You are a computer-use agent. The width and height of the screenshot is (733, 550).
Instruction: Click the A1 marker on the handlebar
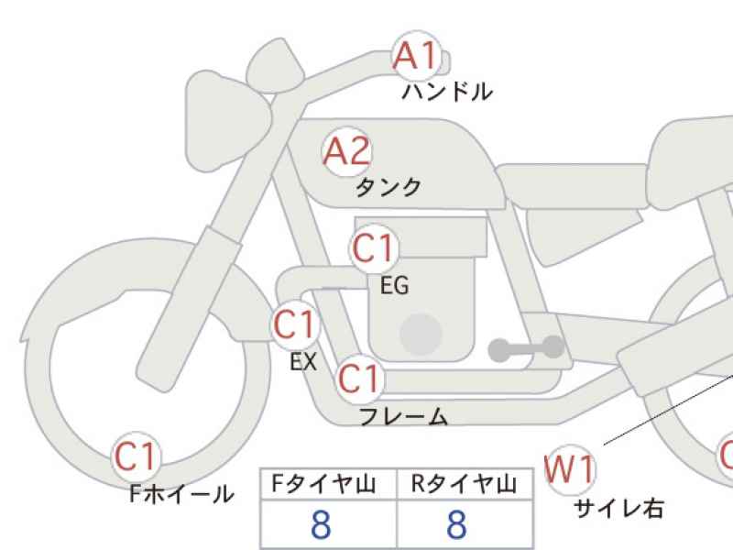pyautogui.click(x=417, y=56)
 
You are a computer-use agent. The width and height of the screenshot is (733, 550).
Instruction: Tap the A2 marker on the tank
pyautogui.click(x=347, y=151)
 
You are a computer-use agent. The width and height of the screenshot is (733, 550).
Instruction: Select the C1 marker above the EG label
pyautogui.click(x=373, y=248)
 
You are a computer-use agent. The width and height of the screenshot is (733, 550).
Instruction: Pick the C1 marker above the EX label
pyautogui.click(x=294, y=325)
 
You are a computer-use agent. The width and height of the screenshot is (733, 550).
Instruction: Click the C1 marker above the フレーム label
pyautogui.click(x=359, y=379)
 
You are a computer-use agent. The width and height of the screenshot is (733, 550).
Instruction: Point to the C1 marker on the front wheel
pyautogui.click(x=136, y=456)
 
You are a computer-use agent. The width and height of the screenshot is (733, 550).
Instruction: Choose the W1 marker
pyautogui.click(x=570, y=469)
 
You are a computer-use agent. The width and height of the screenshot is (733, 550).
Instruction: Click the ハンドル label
pyautogui.click(x=447, y=92)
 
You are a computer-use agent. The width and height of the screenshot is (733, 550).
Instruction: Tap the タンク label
pyautogui.click(x=388, y=187)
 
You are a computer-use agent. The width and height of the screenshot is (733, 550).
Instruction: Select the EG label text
pyautogui.click(x=395, y=285)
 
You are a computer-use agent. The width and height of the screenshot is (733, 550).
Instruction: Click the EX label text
pyautogui.click(x=303, y=361)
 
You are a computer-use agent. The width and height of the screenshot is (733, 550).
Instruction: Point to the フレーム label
pyautogui.click(x=404, y=416)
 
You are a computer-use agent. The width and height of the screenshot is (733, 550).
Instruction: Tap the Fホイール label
pyautogui.click(x=181, y=493)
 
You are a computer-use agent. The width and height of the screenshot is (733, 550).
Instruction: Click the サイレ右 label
pyautogui.click(x=618, y=508)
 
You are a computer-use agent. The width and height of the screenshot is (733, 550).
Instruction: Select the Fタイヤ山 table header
pyautogui.click(x=323, y=484)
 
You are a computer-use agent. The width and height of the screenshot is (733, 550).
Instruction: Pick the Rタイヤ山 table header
pyautogui.click(x=464, y=484)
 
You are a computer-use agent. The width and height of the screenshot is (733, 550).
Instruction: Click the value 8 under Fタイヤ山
pyautogui.click(x=322, y=524)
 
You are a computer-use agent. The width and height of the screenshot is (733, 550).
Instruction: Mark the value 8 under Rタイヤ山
pyautogui.click(x=456, y=524)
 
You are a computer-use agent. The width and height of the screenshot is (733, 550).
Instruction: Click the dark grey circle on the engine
pyautogui.click(x=421, y=335)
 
